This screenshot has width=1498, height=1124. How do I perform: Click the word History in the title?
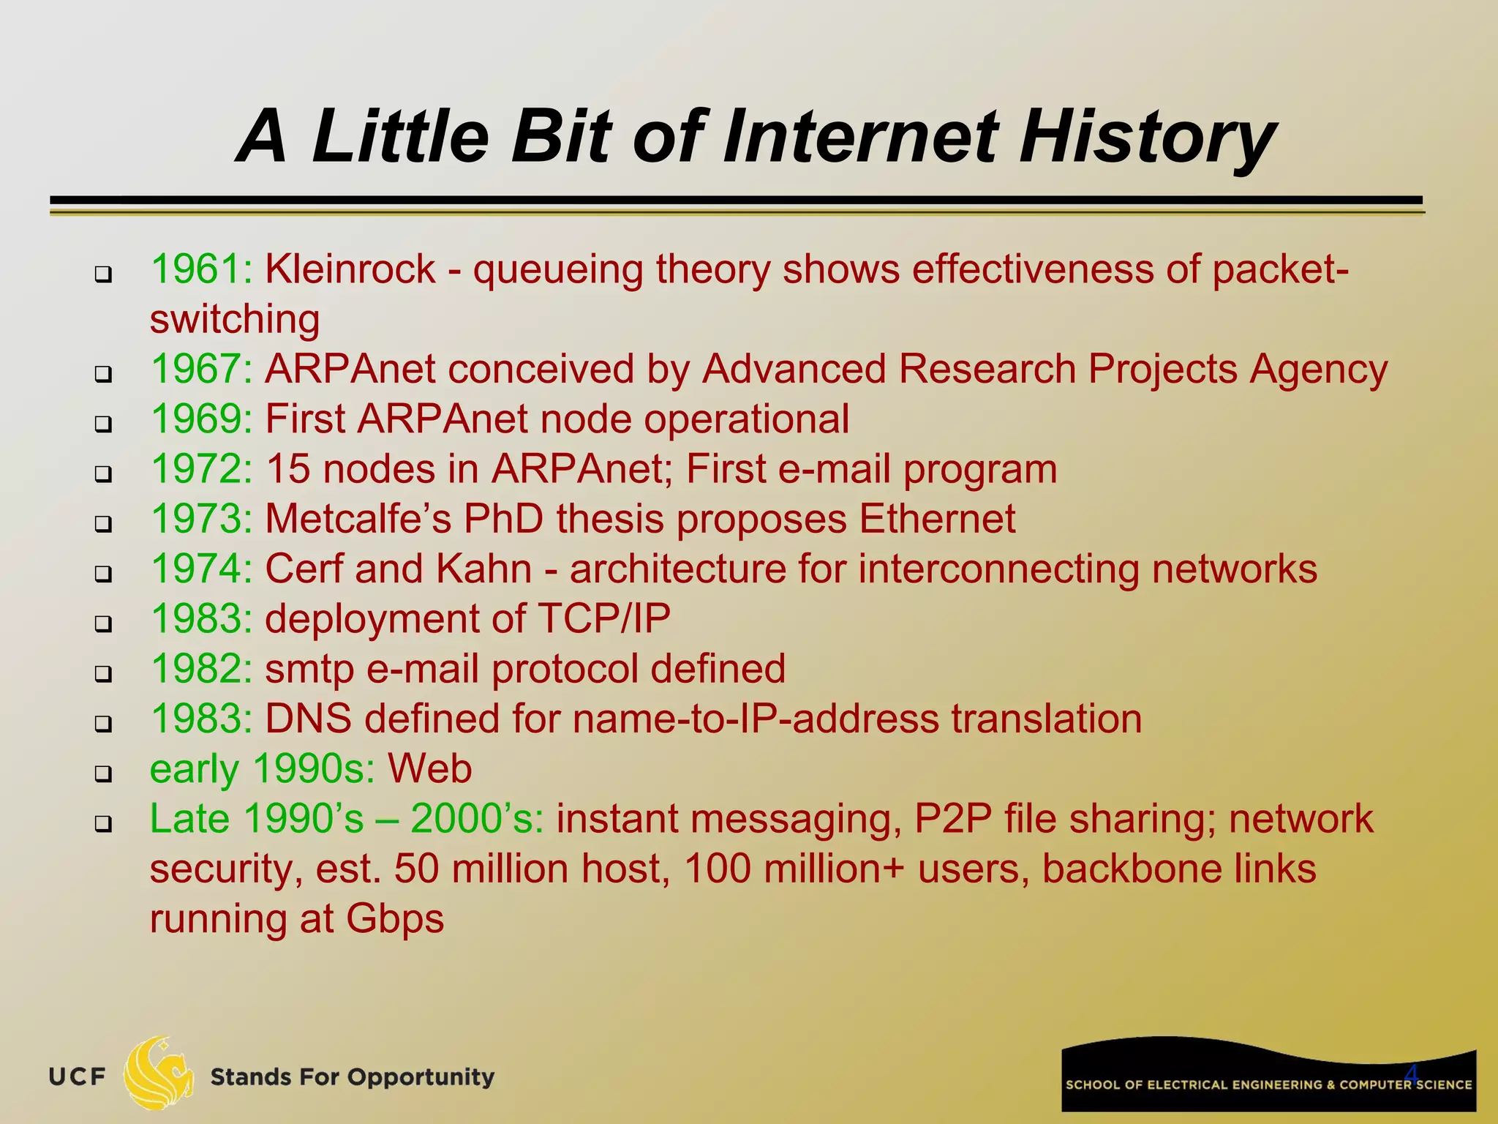point(1146,138)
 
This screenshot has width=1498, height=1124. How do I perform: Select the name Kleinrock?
point(350,269)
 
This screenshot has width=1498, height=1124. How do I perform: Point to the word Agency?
point(1318,370)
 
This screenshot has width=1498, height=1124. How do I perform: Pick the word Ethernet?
point(937,519)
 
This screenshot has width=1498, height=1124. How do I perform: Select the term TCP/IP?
point(603,619)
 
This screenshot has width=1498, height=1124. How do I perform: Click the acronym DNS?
point(308,719)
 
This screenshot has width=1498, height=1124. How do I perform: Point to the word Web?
point(429,768)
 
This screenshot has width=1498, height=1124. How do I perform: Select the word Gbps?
point(395,920)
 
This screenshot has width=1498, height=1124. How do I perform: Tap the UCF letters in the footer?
point(78,1077)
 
